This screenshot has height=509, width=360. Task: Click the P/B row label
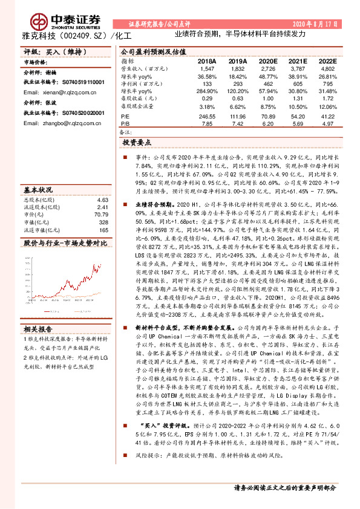125,123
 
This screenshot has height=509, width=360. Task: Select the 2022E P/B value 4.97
327,123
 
